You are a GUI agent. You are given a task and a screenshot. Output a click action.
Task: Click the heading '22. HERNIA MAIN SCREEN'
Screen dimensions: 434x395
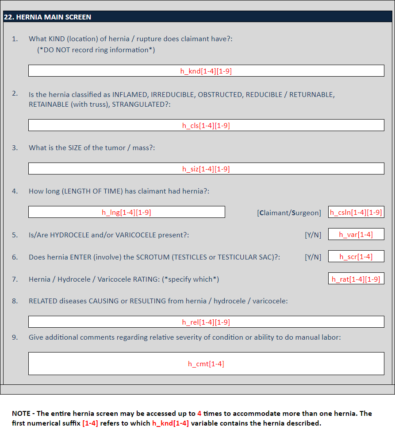(x=47, y=17)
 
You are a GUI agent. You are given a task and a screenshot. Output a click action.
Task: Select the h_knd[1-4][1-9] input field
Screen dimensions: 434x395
(x=206, y=71)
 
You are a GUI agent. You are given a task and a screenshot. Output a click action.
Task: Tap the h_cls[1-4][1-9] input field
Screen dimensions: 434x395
(x=206, y=125)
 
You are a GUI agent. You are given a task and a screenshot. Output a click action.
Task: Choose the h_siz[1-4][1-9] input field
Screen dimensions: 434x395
(x=206, y=169)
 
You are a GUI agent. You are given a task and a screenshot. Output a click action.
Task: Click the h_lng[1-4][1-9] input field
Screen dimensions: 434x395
(x=127, y=212)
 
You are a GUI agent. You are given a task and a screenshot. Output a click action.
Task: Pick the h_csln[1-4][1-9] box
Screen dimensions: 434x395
(x=356, y=212)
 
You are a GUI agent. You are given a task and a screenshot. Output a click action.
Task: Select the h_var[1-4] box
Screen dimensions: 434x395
(x=356, y=234)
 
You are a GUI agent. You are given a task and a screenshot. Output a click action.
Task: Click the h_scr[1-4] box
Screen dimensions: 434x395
(x=356, y=256)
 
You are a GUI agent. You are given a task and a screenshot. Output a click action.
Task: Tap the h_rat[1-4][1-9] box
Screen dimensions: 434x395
(x=356, y=279)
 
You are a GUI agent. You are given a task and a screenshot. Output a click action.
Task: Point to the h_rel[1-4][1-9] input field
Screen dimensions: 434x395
(x=206, y=322)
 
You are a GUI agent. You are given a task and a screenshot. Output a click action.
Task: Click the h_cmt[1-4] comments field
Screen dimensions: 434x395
(x=206, y=364)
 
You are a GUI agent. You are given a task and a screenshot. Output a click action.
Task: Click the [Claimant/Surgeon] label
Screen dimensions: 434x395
(x=289, y=213)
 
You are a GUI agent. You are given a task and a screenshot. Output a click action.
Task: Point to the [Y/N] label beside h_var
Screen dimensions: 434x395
(x=313, y=235)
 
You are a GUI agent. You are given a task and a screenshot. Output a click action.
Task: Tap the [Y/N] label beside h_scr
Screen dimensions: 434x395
(x=313, y=257)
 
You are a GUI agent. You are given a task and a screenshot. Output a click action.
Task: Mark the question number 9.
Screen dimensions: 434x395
(x=15, y=337)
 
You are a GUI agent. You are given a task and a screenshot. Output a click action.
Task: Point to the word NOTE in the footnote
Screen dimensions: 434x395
(x=20, y=414)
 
